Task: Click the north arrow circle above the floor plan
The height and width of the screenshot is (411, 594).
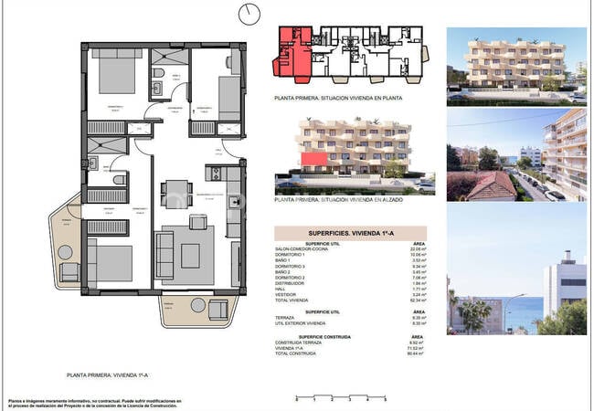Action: pyautogui.click(x=249, y=14)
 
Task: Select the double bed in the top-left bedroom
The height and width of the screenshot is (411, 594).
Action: pyautogui.click(x=114, y=73)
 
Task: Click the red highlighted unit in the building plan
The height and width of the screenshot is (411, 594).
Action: pyautogui.click(x=291, y=49)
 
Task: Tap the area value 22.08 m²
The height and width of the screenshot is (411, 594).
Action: pyautogui.click(x=419, y=248)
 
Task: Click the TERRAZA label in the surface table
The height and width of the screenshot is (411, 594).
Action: pyautogui.click(x=288, y=317)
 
